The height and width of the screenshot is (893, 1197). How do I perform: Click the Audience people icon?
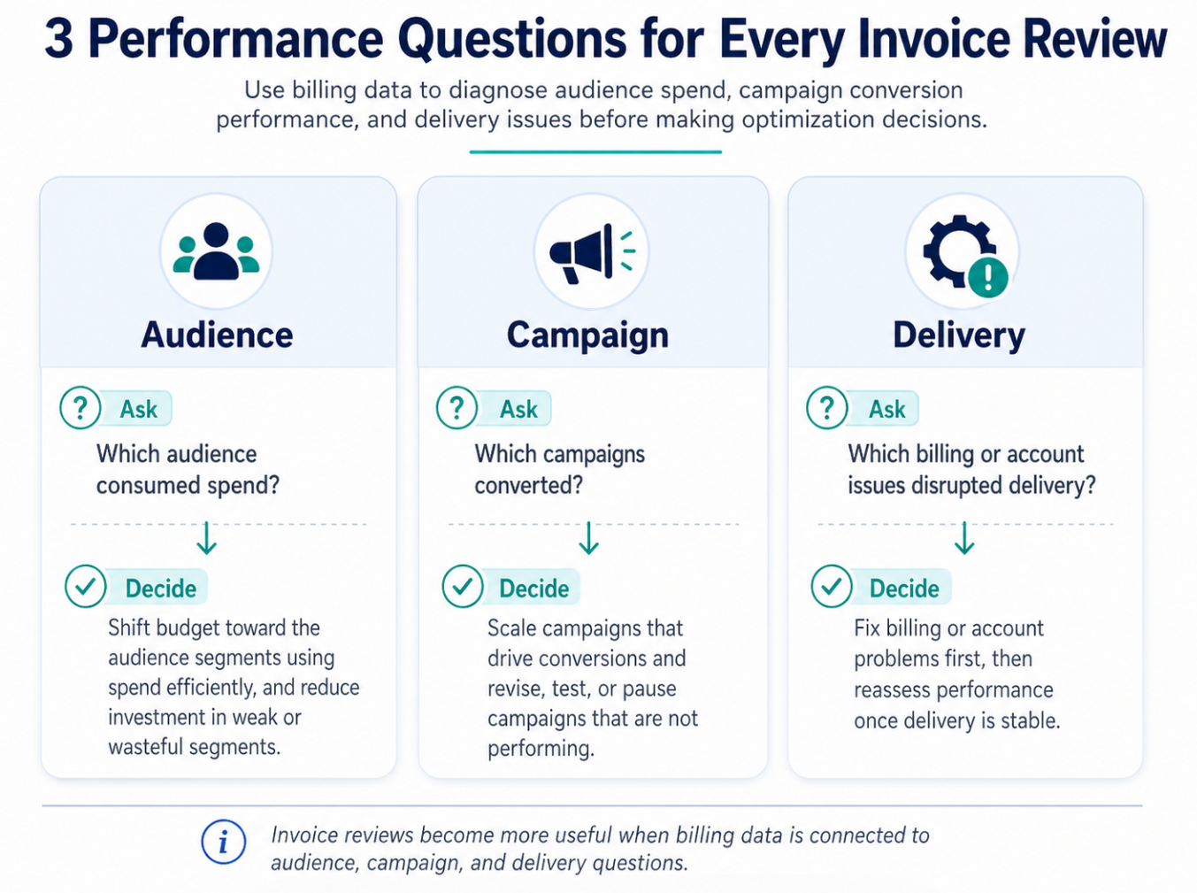[x=216, y=252]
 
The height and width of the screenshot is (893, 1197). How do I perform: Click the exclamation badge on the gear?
[x=988, y=278]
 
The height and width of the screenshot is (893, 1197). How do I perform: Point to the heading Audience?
[x=217, y=335]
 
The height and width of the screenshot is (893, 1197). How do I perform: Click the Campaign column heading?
[x=587, y=335]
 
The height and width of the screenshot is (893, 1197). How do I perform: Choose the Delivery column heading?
[x=958, y=335]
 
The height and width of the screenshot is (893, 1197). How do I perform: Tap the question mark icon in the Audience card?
[x=81, y=408]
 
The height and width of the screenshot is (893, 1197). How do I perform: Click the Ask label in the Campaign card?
[x=518, y=409]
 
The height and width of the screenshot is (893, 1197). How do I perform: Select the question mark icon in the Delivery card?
[x=827, y=408]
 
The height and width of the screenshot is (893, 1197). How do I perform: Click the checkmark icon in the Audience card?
[x=86, y=587]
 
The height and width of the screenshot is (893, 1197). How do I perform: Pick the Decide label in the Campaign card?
[x=533, y=589]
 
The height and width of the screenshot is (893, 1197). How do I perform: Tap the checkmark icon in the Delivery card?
[x=832, y=587]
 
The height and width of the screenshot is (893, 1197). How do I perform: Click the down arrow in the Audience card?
[x=207, y=538]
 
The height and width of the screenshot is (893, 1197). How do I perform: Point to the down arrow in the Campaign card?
[x=588, y=538]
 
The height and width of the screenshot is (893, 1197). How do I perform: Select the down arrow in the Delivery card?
[x=964, y=538]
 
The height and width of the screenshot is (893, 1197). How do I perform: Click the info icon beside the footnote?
[x=223, y=842]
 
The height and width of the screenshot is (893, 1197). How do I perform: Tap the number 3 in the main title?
[x=58, y=39]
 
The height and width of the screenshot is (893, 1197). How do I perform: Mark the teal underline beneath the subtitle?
[x=595, y=152]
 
